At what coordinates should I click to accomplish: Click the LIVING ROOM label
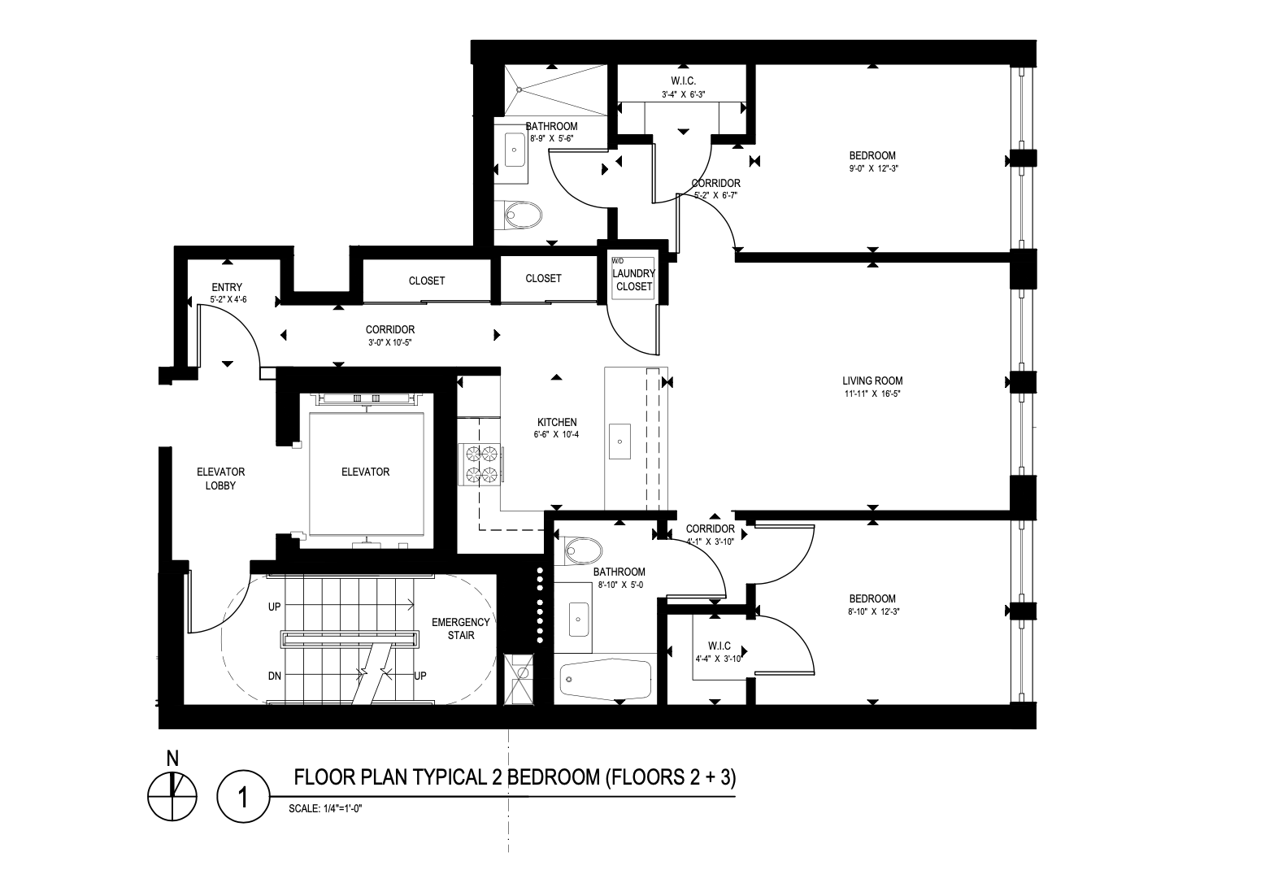(872, 381)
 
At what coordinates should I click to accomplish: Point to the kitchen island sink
(619, 442)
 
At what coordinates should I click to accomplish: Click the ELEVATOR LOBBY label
(221, 479)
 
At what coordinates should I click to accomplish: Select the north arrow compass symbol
(172, 796)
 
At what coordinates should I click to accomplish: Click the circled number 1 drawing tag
(243, 796)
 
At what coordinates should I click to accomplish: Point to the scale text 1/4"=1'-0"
(325, 808)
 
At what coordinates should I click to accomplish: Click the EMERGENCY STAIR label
(460, 629)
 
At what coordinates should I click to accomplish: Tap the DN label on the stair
(275, 676)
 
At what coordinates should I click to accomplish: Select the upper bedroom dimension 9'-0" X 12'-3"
(872, 169)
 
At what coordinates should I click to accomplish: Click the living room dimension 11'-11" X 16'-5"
(872, 394)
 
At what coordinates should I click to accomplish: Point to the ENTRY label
(227, 287)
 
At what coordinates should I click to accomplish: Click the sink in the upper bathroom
(515, 150)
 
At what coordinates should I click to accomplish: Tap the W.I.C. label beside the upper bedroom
(683, 81)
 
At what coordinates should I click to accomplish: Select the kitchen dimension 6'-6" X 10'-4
(557, 435)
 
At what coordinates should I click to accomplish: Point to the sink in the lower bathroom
(579, 620)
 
